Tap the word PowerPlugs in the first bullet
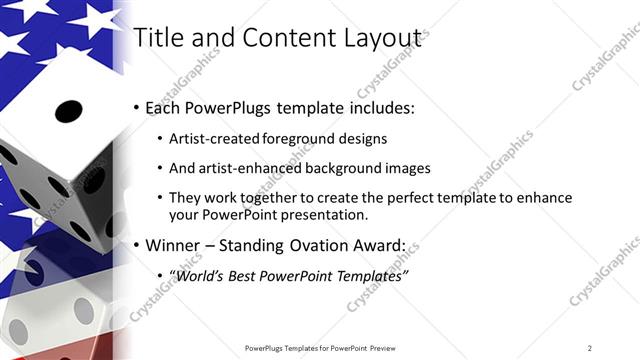[x=226, y=107]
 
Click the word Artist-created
[x=210, y=139]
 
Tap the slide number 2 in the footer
[x=589, y=347]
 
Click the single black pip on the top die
[x=67, y=110]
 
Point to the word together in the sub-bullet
[x=263, y=197]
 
